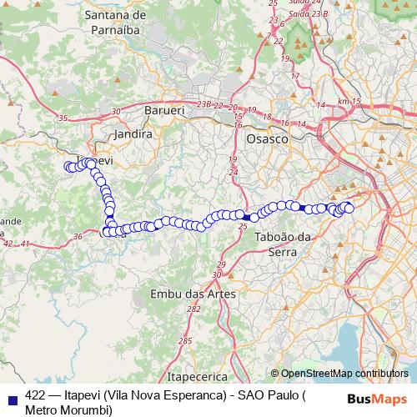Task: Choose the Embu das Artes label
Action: (193, 294)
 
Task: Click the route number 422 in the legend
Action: (36, 395)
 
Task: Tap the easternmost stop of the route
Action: (349, 208)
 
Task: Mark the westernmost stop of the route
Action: (68, 167)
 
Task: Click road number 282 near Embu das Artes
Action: (194, 309)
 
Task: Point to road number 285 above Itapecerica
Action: (185, 340)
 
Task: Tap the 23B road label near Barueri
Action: (204, 104)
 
